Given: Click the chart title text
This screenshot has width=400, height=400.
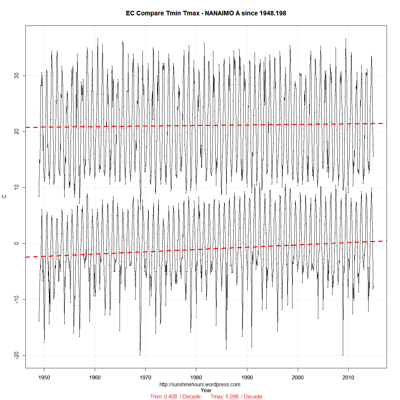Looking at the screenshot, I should pyautogui.click(x=206, y=13).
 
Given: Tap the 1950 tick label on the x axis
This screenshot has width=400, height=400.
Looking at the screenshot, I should pyautogui.click(x=44, y=377).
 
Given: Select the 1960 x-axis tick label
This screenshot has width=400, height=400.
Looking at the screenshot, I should pyautogui.click(x=95, y=377).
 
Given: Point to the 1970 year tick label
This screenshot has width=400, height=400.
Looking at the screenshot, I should pyautogui.click(x=145, y=377).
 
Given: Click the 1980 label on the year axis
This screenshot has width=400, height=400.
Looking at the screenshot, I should pyautogui.click(x=196, y=377).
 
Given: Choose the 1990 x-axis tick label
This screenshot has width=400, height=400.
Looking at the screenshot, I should pyautogui.click(x=247, y=377).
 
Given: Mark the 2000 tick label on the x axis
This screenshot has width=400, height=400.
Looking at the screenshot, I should pyautogui.click(x=298, y=377).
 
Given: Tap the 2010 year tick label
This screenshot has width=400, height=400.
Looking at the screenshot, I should pyautogui.click(x=348, y=377).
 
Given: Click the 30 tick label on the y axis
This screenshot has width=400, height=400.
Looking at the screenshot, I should pyautogui.click(x=17, y=76).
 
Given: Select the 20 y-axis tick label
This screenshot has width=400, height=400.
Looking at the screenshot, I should pyautogui.click(x=17, y=131).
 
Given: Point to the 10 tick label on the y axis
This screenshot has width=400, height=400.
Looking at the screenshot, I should pyautogui.click(x=17, y=187).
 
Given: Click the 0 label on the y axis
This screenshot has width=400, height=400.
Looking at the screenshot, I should pyautogui.click(x=17, y=243).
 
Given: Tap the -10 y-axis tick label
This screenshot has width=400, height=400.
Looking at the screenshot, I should pyautogui.click(x=17, y=299).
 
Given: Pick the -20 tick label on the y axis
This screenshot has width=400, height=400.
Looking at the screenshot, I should pyautogui.click(x=17, y=355).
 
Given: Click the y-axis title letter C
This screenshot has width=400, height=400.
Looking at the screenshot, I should pyautogui.click(x=4, y=197).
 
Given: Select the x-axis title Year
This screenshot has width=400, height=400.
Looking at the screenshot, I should pyautogui.click(x=206, y=390).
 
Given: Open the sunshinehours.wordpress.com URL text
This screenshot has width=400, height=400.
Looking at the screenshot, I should pyautogui.click(x=200, y=385).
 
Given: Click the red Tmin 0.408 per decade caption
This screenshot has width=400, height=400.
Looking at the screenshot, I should pyautogui.click(x=175, y=396).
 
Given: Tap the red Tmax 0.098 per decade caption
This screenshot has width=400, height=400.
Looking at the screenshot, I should pyautogui.click(x=236, y=396).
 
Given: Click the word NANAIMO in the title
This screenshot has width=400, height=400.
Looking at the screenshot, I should pyautogui.click(x=220, y=13).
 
